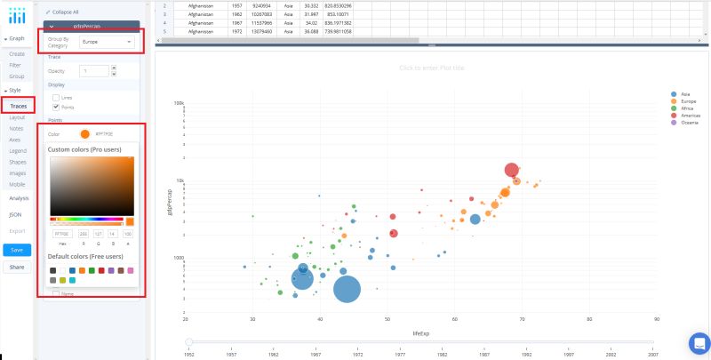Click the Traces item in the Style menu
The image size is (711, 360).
pos(19,106)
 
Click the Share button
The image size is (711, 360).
pos(17,267)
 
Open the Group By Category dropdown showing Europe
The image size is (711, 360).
pos(105,42)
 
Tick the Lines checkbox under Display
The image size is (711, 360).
pos(57,96)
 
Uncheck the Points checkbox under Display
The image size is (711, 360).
pos(57,107)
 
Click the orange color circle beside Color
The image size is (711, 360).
pos(84,133)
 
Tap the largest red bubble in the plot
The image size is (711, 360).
pos(511,170)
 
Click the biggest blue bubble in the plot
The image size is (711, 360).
pos(347,289)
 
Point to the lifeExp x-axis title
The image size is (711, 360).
pos(420,331)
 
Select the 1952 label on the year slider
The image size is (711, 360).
pos(188,353)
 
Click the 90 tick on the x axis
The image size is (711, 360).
pos(656,318)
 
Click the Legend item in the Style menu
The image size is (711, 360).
pos(18,151)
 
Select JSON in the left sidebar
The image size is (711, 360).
pos(15,214)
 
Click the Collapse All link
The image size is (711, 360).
pos(63,12)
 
